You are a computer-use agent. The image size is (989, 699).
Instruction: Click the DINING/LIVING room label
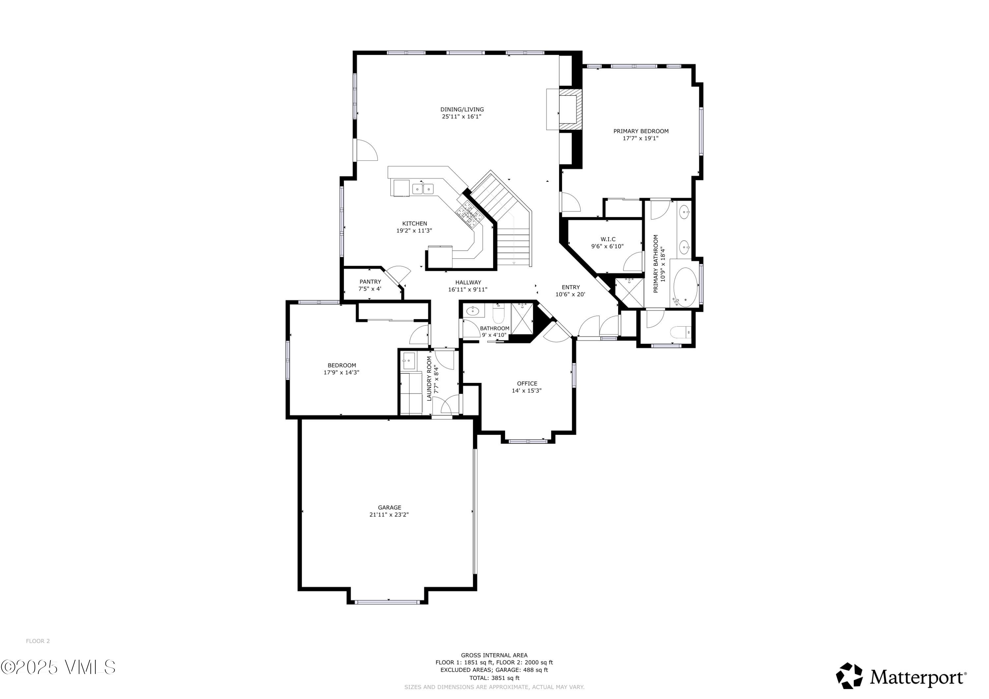click(x=462, y=109)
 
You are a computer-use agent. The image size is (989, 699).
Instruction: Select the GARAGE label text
click(x=389, y=507)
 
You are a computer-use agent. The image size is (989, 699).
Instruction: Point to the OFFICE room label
click(x=527, y=384)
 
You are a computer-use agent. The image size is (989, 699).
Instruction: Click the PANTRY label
click(x=370, y=282)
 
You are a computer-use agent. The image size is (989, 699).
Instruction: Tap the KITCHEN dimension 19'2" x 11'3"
click(x=414, y=231)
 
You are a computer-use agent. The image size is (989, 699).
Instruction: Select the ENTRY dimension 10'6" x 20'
click(x=570, y=295)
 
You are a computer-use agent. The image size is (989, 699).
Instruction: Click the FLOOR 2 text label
click(x=38, y=641)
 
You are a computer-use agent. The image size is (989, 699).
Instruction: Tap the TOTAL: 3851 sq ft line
click(x=494, y=678)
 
